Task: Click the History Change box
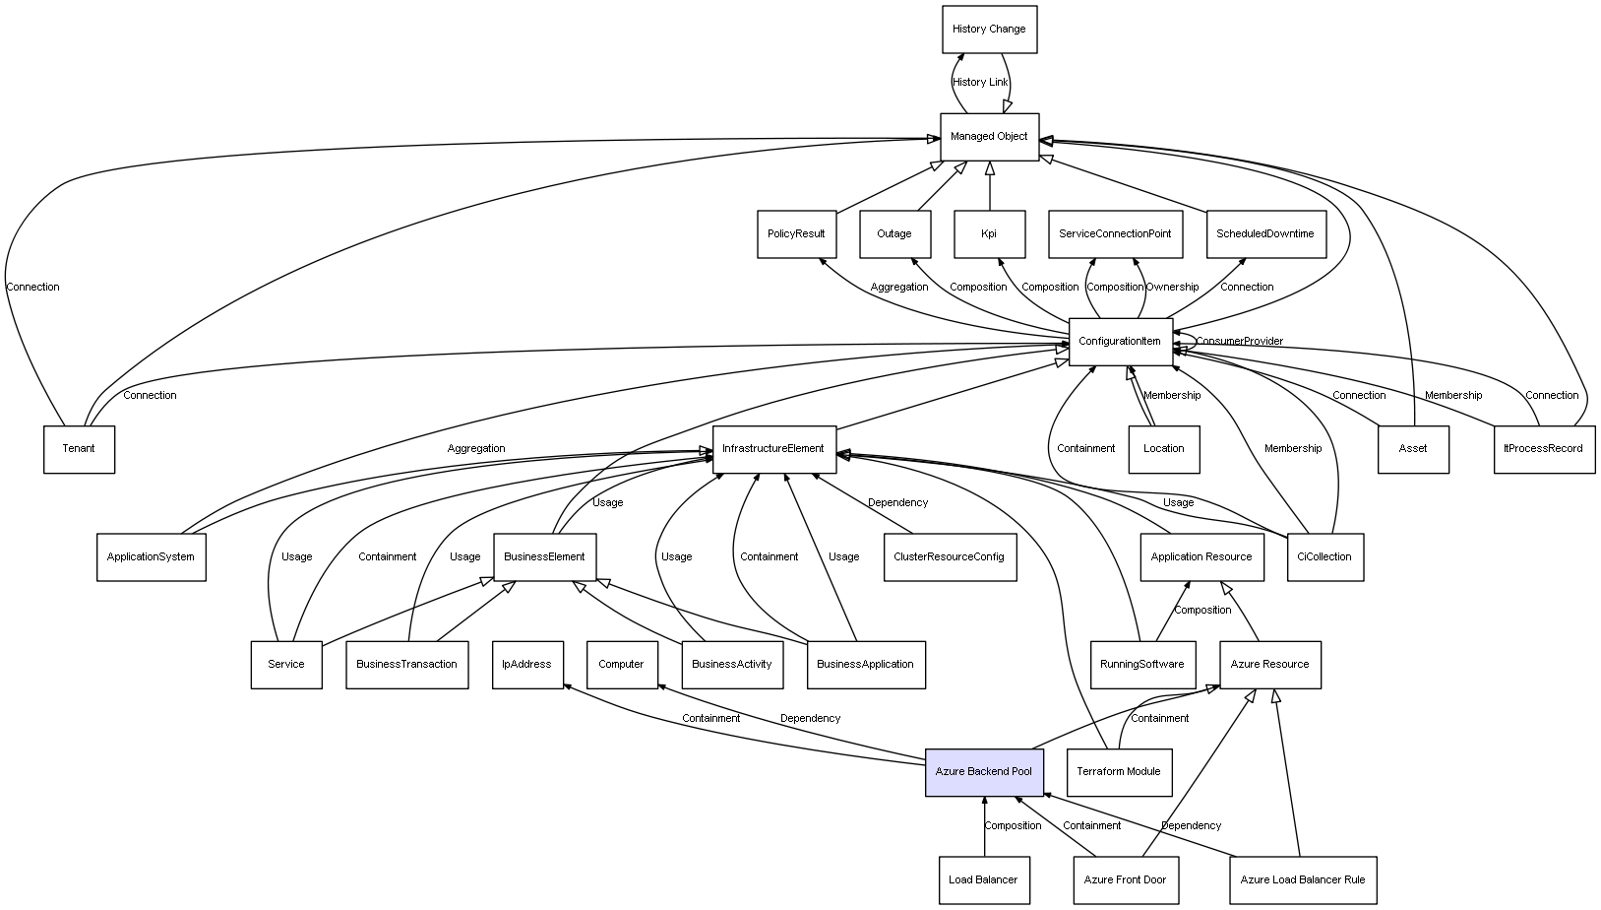coord(989,30)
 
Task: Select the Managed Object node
coord(989,137)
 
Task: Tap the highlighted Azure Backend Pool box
coord(983,772)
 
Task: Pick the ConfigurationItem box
coord(1120,342)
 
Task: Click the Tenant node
coord(79,449)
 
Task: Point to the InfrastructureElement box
coord(773,449)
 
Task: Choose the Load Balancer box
coord(983,880)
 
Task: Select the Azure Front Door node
coord(1125,880)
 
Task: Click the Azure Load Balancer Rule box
coord(1302,880)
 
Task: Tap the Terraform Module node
coord(1119,772)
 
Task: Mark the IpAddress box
coord(526,665)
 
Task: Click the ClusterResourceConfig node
coord(949,557)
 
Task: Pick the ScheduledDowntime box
coord(1264,234)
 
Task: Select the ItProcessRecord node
coord(1543,449)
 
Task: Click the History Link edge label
coord(980,83)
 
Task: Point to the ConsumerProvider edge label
coord(1240,342)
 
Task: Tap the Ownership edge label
coord(1172,288)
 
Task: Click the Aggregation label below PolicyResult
coord(899,288)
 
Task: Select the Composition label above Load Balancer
coord(1013,826)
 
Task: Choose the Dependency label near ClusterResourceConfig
coord(897,503)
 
